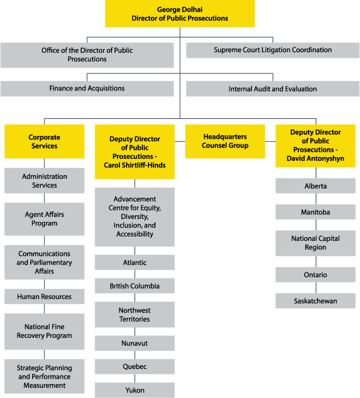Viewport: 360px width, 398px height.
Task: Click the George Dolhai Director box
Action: point(180,14)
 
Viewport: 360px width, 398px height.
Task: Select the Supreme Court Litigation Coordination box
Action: point(273,50)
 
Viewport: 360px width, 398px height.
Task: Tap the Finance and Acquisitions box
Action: point(87,89)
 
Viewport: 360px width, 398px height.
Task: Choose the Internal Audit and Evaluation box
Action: point(273,89)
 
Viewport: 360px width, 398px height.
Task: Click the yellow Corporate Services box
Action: point(44,141)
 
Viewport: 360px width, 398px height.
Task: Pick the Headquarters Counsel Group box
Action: point(225,141)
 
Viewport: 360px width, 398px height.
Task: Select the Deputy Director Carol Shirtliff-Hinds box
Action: point(135,152)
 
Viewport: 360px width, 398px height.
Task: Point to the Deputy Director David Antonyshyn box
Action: point(315,146)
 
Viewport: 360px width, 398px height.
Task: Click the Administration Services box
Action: point(44,181)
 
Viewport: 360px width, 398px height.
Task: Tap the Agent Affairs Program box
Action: point(44,219)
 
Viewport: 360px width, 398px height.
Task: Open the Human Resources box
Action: point(44,297)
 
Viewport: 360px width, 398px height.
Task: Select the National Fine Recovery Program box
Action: point(44,331)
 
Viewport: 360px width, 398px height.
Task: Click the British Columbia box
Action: point(135,286)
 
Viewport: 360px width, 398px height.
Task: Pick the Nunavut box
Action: point(135,343)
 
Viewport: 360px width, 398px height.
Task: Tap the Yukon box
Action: point(135,390)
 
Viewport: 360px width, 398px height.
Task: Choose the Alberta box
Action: point(315,186)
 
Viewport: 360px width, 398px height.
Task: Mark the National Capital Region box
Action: point(315,243)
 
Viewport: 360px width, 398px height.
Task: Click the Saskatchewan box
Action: point(315,301)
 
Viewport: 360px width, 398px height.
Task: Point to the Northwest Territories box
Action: point(135,314)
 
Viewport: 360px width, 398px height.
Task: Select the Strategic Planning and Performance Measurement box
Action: point(44,377)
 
